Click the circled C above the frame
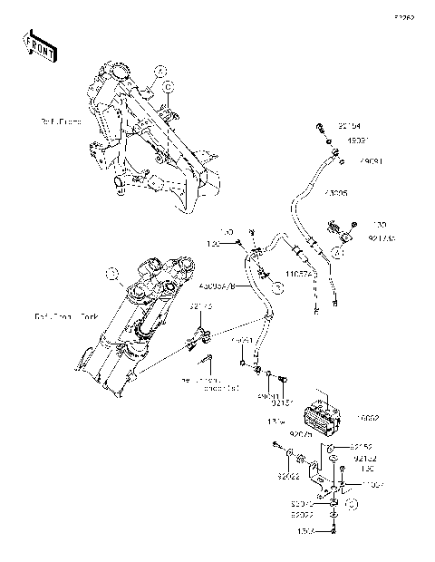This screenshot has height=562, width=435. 169,86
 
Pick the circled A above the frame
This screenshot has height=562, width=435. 158,69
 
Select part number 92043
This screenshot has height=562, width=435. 303,501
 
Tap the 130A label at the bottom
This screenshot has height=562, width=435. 304,532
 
